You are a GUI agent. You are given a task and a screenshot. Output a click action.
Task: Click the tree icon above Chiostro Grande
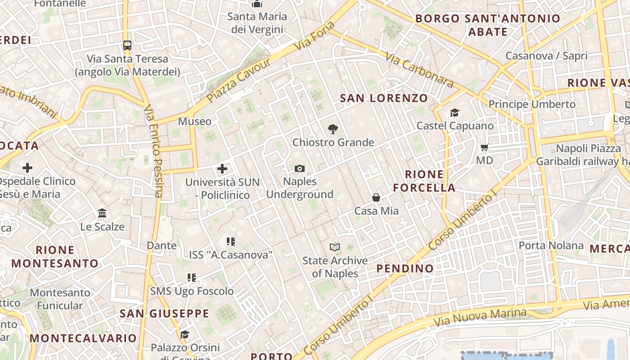pyautogui.click(x=333, y=129)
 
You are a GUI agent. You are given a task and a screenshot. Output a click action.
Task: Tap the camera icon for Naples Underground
pyautogui.click(x=300, y=169)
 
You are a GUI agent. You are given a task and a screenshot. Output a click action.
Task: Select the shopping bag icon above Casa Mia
pyautogui.click(x=376, y=198)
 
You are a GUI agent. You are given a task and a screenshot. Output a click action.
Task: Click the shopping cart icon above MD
pyautogui.click(x=485, y=147)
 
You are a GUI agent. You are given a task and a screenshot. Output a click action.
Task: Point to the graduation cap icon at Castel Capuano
pyautogui.click(x=455, y=112)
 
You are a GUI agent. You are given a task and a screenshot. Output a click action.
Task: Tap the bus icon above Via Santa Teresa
pyautogui.click(x=127, y=45)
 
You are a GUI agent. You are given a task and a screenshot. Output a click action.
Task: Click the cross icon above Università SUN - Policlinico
pyautogui.click(x=222, y=169)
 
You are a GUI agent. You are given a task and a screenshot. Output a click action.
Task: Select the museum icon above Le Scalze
pyautogui.click(x=102, y=213)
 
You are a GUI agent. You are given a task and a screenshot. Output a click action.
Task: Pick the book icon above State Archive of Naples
pyautogui.click(x=335, y=247)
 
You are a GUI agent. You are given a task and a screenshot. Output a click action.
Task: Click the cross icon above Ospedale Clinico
pyautogui.click(x=27, y=168)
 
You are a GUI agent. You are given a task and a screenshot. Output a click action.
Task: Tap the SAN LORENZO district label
pyautogui.click(x=384, y=98)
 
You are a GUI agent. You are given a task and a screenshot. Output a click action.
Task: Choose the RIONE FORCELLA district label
pyautogui.click(x=424, y=181)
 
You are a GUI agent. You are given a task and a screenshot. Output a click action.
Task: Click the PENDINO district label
pyautogui.click(x=405, y=269)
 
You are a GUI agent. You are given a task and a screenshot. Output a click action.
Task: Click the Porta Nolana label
pyautogui.click(x=551, y=246)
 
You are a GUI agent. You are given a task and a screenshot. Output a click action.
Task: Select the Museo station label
pyautogui.click(x=194, y=121)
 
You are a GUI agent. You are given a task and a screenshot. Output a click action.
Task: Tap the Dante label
pyautogui.click(x=162, y=246)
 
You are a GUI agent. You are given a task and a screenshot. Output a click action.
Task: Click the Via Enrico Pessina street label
pyautogui.click(x=153, y=151)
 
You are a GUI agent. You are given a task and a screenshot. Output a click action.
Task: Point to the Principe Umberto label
pyautogui.click(x=532, y=104)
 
